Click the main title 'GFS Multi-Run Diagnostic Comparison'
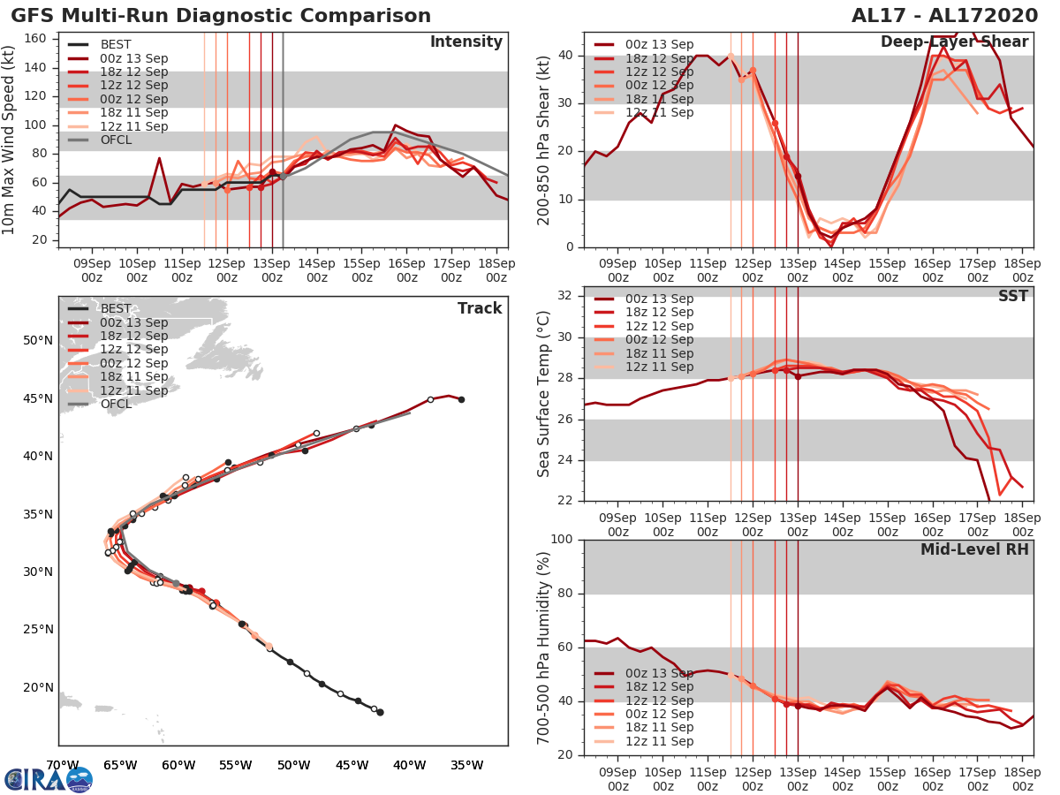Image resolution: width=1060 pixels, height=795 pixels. (x=221, y=16)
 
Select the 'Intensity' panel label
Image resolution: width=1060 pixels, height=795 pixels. (x=466, y=42)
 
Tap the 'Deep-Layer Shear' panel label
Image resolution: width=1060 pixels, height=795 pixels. (x=954, y=42)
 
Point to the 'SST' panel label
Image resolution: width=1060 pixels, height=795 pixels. (x=1012, y=296)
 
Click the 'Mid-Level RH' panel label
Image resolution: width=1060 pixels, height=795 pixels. (x=974, y=549)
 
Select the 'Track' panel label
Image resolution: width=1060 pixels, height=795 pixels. (x=480, y=308)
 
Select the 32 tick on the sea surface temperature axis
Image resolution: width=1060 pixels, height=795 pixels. (x=566, y=295)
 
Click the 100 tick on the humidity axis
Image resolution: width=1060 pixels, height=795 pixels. (x=562, y=539)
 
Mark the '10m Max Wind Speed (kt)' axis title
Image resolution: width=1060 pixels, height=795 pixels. (x=11, y=141)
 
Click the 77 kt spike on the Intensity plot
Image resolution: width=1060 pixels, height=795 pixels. (x=159, y=159)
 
